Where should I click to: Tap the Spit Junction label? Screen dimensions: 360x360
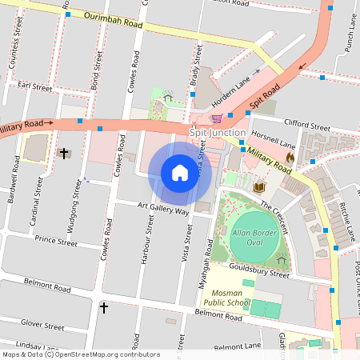[213, 131]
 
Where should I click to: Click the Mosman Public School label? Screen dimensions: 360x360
[225, 298]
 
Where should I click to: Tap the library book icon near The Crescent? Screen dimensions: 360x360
[258, 188]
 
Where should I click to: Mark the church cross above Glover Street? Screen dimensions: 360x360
[103, 307]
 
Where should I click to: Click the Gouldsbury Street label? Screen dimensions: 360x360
[258, 273]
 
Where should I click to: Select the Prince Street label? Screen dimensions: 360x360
[55, 239]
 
